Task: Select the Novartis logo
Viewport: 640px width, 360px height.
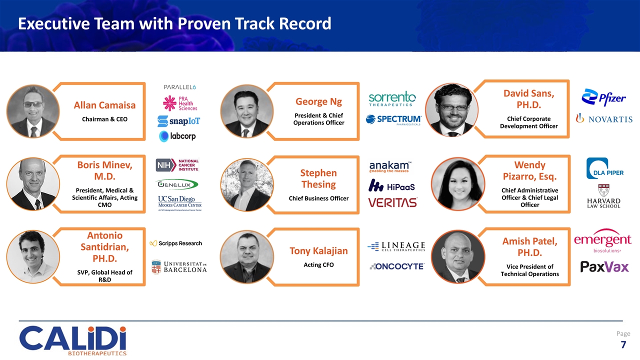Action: coord(604,118)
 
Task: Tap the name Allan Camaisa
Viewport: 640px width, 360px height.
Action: coord(104,105)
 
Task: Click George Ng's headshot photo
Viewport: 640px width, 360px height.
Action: coord(246,110)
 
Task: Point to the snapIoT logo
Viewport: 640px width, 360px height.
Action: coord(178,121)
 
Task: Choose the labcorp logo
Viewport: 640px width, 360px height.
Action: coord(177,136)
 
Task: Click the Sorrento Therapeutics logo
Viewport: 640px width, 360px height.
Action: coord(392,98)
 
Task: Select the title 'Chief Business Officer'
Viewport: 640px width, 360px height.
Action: coord(318,198)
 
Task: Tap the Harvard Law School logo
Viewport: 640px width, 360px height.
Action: coord(603,196)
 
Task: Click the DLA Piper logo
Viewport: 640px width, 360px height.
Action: coord(604,168)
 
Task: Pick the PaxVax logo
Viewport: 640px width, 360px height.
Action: coord(604,266)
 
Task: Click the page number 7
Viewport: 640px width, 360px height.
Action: coord(623,344)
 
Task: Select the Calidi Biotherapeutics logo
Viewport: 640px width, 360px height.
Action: coord(73,340)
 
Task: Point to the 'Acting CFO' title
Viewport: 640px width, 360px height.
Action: coord(319,264)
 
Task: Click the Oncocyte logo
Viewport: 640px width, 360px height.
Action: coord(396,266)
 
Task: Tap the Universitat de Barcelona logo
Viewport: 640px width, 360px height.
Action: coord(178,267)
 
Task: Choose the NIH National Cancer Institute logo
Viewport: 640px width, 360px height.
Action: coord(177,165)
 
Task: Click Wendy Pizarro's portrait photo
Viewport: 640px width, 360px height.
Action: coord(457,184)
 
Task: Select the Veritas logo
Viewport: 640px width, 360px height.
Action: coord(392,202)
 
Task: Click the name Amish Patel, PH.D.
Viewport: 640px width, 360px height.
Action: coord(529,247)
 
